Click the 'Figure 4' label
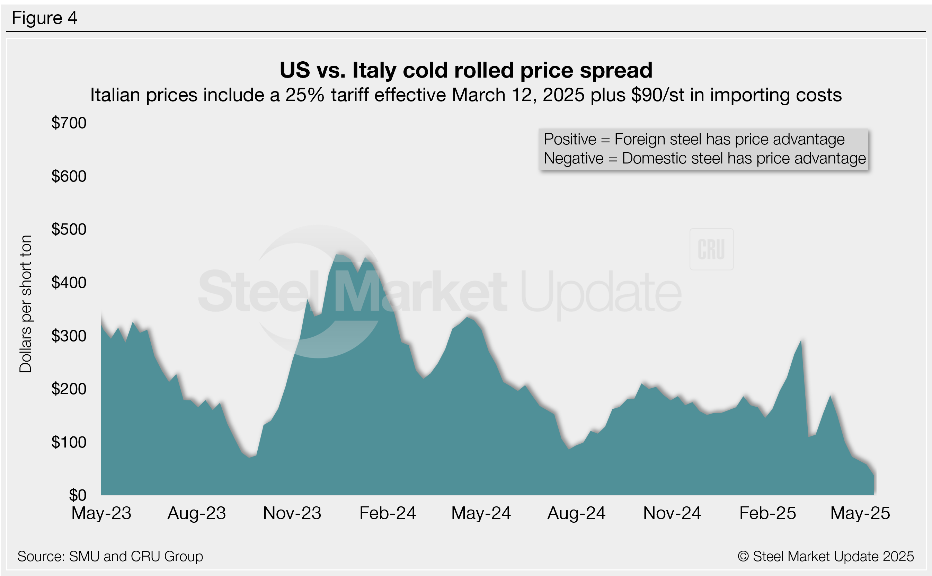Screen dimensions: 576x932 [44, 18]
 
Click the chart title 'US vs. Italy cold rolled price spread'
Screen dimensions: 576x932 [466, 70]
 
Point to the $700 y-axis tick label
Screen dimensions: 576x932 [69, 123]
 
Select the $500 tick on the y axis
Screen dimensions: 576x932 [69, 229]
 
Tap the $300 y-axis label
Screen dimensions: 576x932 [69, 336]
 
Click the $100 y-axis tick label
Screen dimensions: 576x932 [69, 442]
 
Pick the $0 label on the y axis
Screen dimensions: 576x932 [77, 495]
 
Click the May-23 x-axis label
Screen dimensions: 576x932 [101, 513]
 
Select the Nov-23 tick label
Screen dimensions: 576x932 [292, 513]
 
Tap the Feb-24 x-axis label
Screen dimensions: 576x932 [388, 513]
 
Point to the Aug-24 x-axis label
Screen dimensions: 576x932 [576, 513]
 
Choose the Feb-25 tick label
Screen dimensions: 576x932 [767, 513]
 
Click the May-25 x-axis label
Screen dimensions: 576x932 [860, 513]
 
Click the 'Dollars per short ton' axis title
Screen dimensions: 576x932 [26, 304]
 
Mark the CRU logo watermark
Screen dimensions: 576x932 [711, 249]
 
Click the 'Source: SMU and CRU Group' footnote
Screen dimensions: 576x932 [110, 557]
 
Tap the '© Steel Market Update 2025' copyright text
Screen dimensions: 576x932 [826, 557]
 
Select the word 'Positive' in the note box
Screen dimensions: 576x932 [570, 140]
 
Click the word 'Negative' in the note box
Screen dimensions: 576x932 [573, 159]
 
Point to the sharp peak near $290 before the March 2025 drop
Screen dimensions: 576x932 [801, 340]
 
